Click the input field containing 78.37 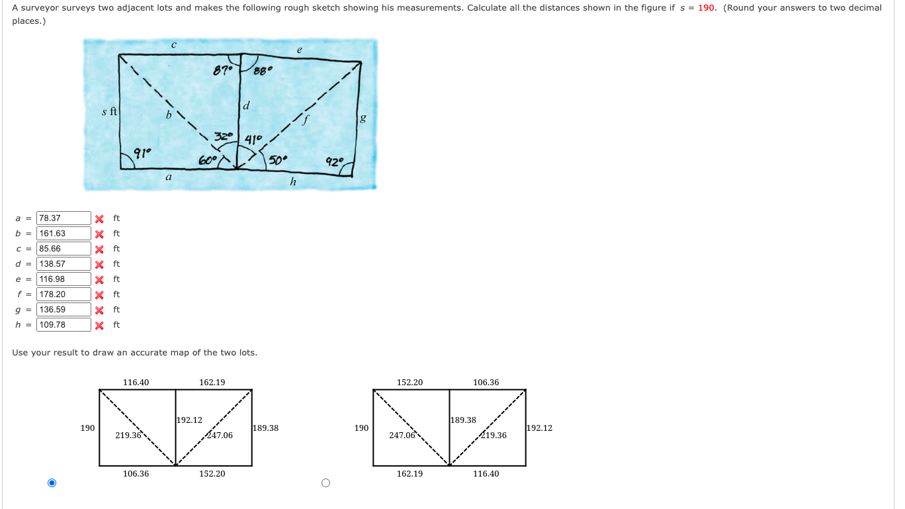point(64,218)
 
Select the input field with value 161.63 point(64,234)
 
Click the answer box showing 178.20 point(64,295)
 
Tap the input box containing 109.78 point(64,325)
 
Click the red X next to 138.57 point(99,264)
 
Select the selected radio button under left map point(52,483)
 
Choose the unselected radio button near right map point(325,483)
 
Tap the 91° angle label point(142,153)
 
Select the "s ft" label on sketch point(109,112)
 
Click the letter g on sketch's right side point(362,119)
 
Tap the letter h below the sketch point(293,181)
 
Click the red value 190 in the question point(707,8)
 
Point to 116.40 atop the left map point(136,383)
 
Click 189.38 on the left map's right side point(265,428)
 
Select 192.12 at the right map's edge point(539,428)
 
